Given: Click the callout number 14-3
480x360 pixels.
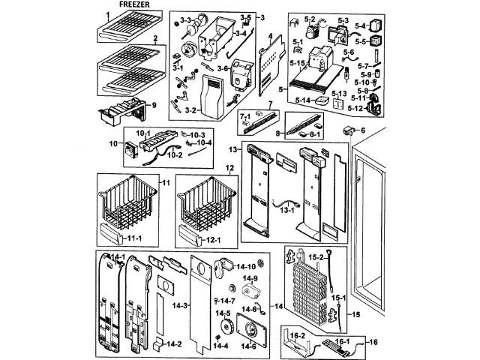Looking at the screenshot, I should point(177,306).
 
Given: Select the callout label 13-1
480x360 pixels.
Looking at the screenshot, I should point(286,211).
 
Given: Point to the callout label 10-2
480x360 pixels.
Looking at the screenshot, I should point(175,155).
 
